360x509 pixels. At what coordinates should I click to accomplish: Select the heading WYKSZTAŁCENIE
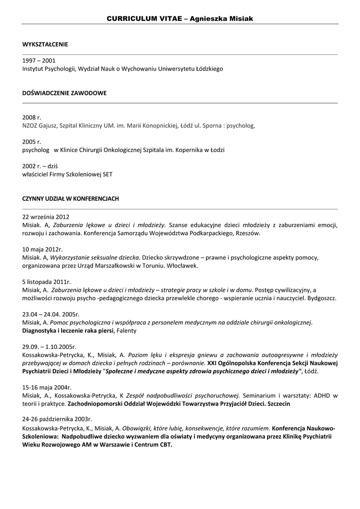[x=45, y=45]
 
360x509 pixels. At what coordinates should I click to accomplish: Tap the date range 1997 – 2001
[x=39, y=61]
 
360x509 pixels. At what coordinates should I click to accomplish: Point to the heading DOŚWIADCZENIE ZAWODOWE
[x=64, y=93]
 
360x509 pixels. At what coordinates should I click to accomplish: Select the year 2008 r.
[x=32, y=117]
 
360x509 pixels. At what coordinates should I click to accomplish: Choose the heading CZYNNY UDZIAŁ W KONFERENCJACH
[x=71, y=198]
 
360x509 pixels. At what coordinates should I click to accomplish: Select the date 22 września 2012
[x=46, y=217]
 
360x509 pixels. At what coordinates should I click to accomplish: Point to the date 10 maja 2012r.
[x=42, y=249]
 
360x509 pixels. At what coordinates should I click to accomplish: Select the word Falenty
[x=126, y=331]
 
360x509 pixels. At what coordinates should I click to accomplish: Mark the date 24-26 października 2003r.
[x=57, y=420]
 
